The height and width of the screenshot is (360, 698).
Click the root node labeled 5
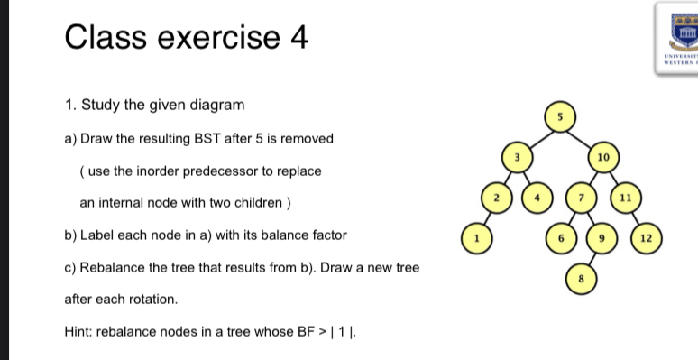point(560,116)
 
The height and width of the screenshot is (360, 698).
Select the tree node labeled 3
point(517,157)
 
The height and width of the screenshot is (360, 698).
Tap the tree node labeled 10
point(603,157)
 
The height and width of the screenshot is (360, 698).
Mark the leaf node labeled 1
point(473,238)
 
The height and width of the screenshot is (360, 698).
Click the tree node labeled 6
point(560,238)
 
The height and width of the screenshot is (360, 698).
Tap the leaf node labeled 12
point(646,238)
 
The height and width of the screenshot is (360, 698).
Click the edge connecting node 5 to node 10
point(582,136)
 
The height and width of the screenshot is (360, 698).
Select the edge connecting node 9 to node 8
point(592,259)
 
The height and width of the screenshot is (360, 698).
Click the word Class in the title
point(106,38)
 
